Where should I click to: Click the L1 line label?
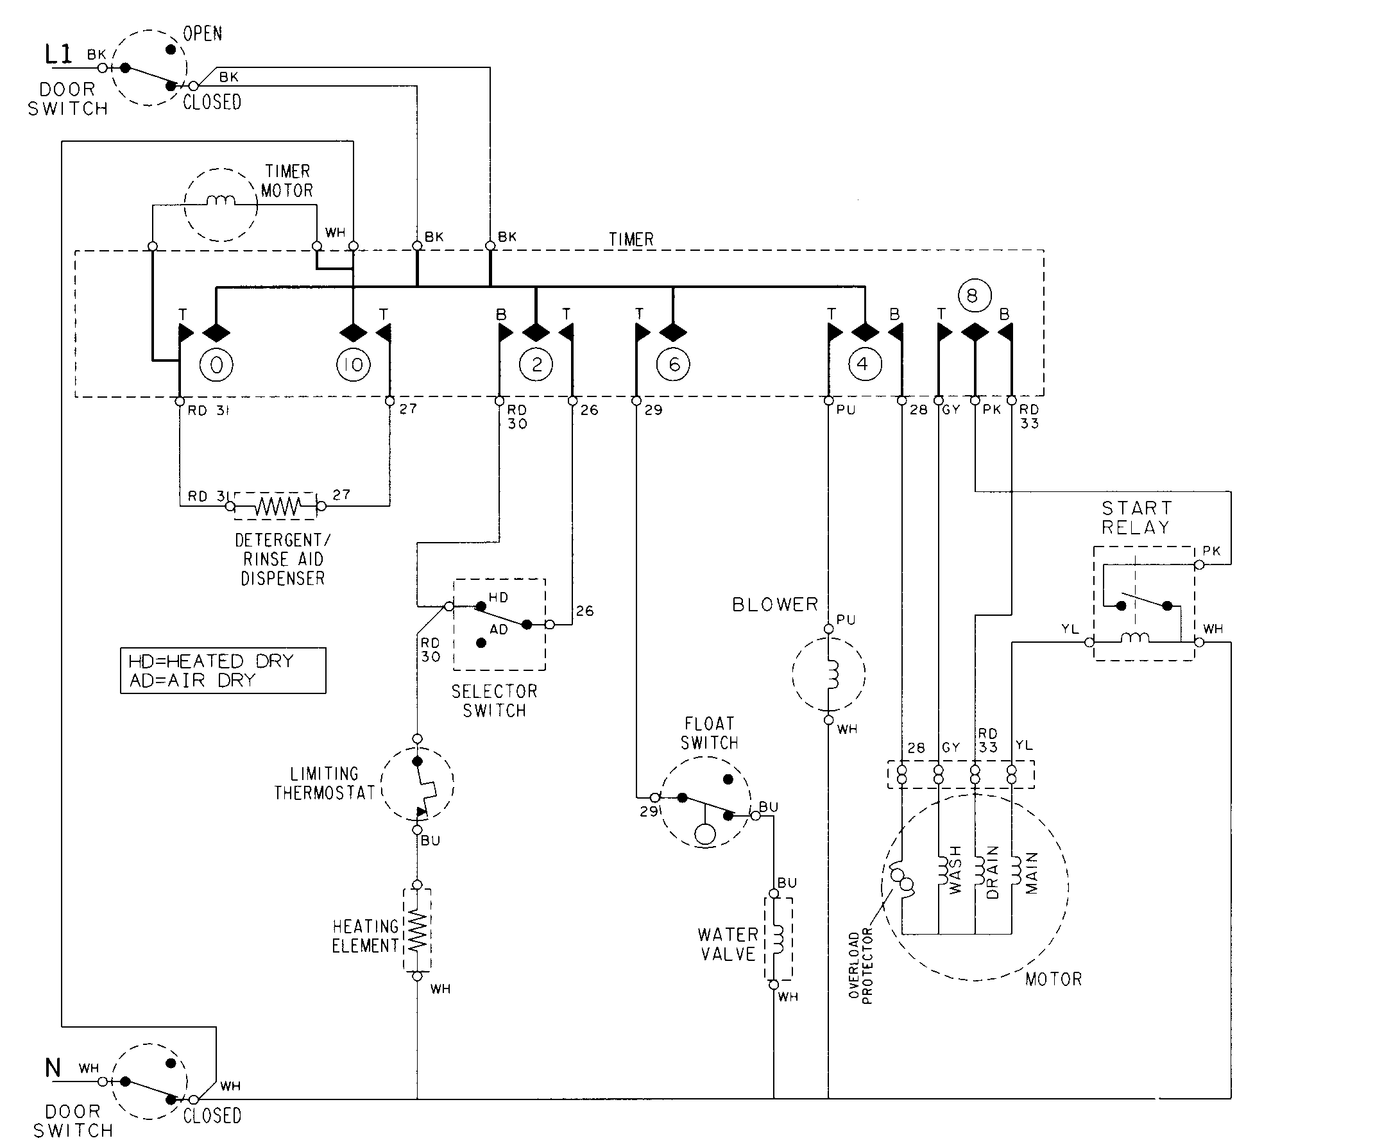click(x=58, y=55)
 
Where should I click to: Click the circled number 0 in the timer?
click(x=216, y=364)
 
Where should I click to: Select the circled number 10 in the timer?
click(x=354, y=364)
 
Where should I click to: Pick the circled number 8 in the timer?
click(x=974, y=296)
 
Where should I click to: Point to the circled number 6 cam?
click(x=673, y=364)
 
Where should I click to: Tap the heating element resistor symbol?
click(x=417, y=930)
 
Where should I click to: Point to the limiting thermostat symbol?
click(x=417, y=784)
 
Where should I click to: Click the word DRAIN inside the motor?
click(x=993, y=872)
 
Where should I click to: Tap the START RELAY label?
click(x=1136, y=517)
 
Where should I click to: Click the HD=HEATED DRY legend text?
click(x=210, y=661)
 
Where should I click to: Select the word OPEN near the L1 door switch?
click(x=203, y=34)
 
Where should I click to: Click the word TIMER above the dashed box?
click(x=631, y=239)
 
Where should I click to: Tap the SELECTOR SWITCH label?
click(x=494, y=701)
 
